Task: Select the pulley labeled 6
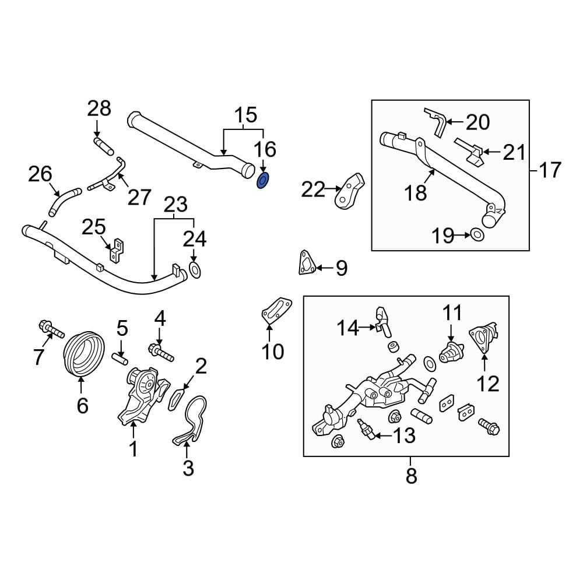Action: click(x=82, y=353)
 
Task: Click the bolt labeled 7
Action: click(x=51, y=330)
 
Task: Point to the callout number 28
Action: click(x=99, y=108)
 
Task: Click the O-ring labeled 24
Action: click(x=195, y=270)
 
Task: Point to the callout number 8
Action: click(x=412, y=476)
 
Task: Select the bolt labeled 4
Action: click(x=161, y=352)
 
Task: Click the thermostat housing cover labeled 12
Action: click(x=485, y=340)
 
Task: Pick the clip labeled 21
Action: click(x=469, y=148)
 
